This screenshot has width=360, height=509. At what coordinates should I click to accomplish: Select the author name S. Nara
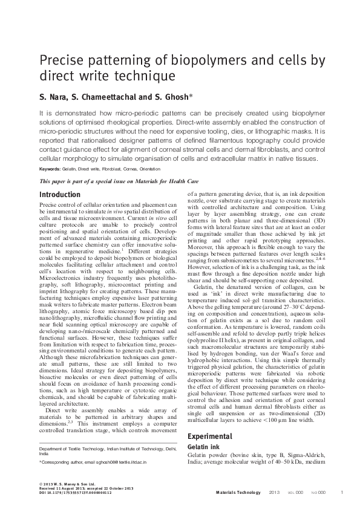pos(55,97)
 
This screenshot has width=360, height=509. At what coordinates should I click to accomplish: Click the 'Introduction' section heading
pos(59,195)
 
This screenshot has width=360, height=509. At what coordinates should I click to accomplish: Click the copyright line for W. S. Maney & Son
pos(71,484)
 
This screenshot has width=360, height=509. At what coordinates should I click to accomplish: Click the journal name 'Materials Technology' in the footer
pos(237,493)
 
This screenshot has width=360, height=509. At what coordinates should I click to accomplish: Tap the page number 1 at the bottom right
pos(342,493)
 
